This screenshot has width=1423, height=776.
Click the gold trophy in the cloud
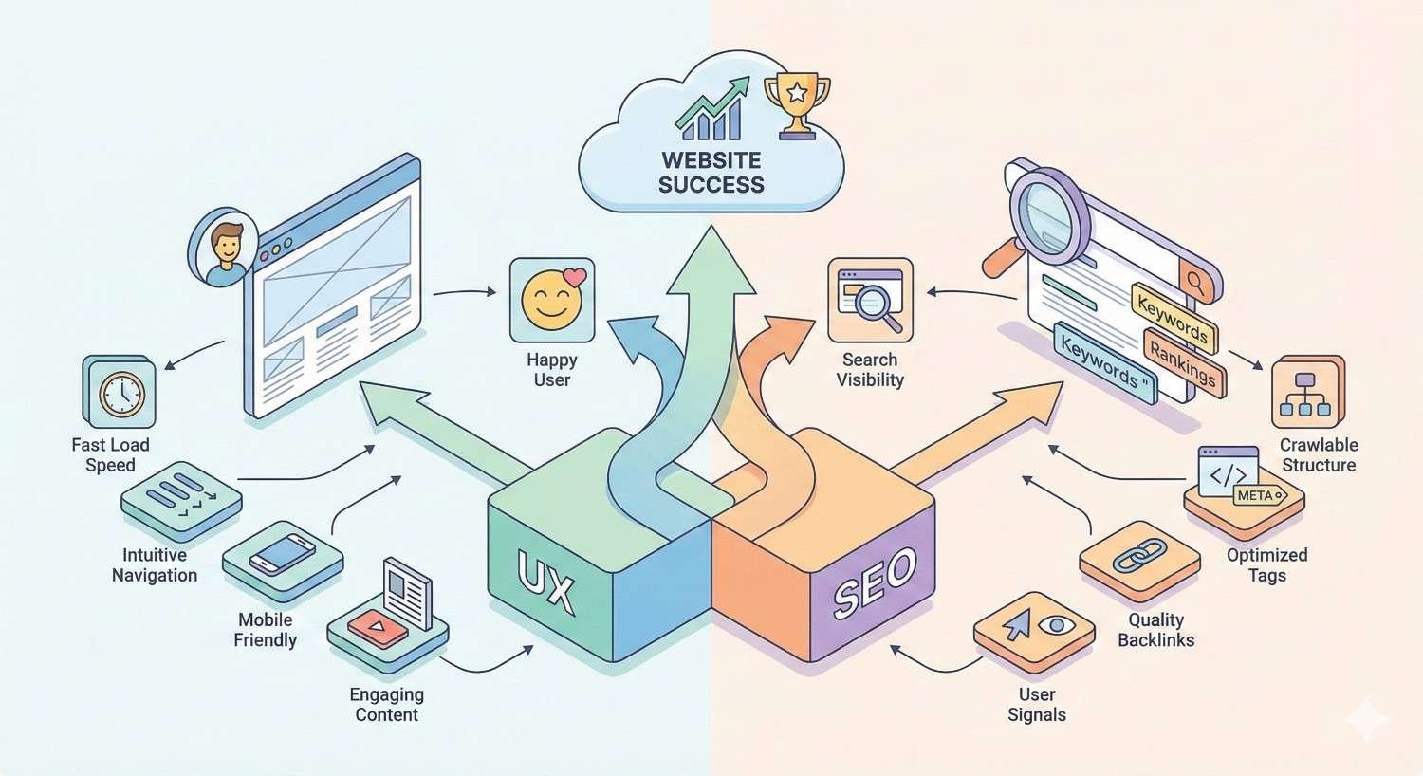(x=797, y=102)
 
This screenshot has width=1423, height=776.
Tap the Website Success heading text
(x=711, y=173)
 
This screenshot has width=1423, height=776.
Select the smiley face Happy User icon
(x=552, y=299)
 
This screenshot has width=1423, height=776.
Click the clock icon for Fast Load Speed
(x=120, y=391)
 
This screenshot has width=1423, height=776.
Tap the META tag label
(x=1255, y=495)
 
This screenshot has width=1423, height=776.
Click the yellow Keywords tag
(x=1173, y=317)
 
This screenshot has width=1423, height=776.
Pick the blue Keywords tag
(x=1103, y=362)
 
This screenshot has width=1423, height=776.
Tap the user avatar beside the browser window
(x=225, y=249)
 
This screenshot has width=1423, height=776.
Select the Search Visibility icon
(x=870, y=299)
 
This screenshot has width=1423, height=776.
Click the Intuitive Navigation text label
(x=155, y=564)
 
